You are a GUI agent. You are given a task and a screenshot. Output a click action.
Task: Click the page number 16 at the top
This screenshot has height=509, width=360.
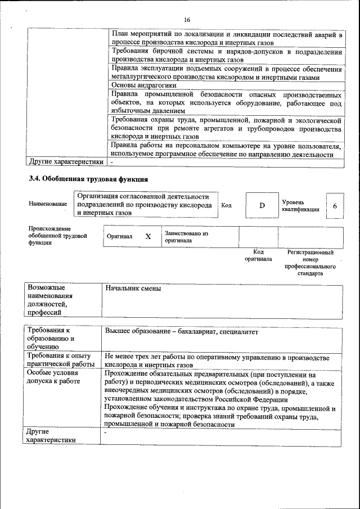tap(187, 20)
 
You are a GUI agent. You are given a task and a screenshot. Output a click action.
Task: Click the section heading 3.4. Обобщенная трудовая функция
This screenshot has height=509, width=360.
tap(88, 179)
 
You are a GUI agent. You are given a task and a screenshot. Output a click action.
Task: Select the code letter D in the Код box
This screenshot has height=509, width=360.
tap(262, 205)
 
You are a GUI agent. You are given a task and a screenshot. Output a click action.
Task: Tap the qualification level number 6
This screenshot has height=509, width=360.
tap(335, 206)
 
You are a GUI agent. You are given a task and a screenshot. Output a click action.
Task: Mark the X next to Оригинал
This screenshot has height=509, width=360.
tap(148, 237)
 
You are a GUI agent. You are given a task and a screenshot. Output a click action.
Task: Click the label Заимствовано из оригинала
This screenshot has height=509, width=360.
tap(186, 236)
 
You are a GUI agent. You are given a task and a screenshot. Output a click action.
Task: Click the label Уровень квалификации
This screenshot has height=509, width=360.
tap(300, 205)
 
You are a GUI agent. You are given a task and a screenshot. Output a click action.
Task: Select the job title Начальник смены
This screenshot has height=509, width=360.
tap(133, 289)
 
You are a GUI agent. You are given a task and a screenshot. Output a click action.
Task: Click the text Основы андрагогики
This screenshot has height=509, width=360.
tap(140, 85)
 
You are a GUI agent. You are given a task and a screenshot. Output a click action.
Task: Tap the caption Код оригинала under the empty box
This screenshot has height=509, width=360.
tap(258, 256)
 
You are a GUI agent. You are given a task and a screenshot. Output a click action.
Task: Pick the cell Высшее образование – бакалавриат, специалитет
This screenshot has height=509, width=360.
tap(182, 332)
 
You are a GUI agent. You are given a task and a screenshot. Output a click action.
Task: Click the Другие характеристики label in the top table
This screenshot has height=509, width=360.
tap(66, 162)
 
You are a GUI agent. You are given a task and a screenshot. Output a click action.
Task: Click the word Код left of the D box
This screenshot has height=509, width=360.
tap(227, 205)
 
